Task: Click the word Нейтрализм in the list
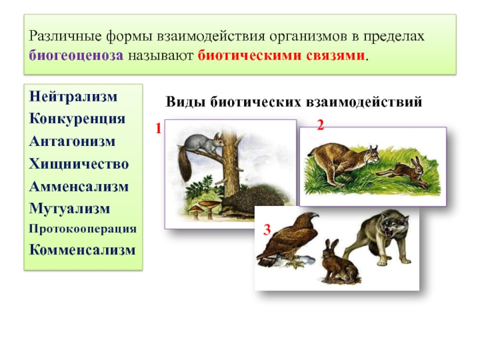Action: [73, 97]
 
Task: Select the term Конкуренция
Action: [77, 119]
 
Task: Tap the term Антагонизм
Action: [72, 142]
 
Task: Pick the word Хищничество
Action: [79, 164]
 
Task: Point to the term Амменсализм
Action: [79, 187]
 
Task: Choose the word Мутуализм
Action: [70, 209]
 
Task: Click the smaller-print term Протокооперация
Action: [83, 229]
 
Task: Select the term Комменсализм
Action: [82, 250]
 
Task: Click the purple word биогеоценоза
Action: [76, 56]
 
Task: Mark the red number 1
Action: [158, 128]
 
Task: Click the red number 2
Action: [320, 125]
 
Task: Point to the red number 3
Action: [267, 230]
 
